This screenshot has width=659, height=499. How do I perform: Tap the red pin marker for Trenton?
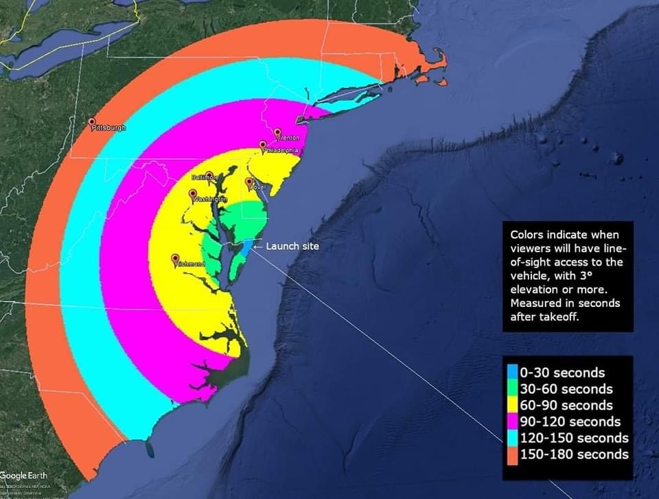(x=277, y=132)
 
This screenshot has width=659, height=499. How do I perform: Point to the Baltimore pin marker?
(x=209, y=175)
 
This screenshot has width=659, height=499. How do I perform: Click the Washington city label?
(x=211, y=199)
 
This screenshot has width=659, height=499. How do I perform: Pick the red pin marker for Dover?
(x=249, y=182)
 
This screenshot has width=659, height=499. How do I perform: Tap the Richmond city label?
(x=189, y=264)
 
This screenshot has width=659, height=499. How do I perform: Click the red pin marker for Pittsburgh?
(x=92, y=121)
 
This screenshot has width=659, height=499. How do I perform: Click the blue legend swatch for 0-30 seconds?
(x=512, y=373)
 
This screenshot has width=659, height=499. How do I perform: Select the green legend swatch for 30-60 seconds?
(x=512, y=389)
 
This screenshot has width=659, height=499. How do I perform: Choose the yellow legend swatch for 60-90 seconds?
(x=512, y=406)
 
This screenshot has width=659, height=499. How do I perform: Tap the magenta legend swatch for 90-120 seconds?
(x=512, y=421)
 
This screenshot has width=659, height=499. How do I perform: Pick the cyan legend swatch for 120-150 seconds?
(x=512, y=438)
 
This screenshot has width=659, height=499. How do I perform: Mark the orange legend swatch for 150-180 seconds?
(x=512, y=454)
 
